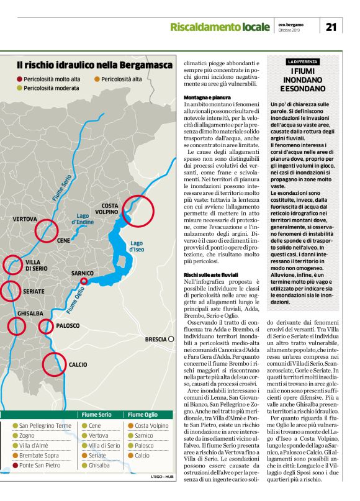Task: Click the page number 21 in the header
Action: coord(330,27)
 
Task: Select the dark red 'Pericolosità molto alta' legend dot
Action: coord(19,79)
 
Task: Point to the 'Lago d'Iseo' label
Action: coord(137,246)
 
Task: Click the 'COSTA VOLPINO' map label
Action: coord(110,209)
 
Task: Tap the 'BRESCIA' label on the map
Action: coord(155,340)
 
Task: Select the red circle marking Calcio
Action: coord(54,364)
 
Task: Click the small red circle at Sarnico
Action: coord(84,281)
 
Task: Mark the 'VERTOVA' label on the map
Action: coord(25,220)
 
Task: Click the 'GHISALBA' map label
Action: coord(29,314)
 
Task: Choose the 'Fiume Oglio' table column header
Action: coord(142,415)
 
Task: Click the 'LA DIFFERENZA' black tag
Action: coord(302,62)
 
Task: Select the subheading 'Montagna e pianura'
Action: coord(207,98)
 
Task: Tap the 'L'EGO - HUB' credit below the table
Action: coord(162,477)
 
